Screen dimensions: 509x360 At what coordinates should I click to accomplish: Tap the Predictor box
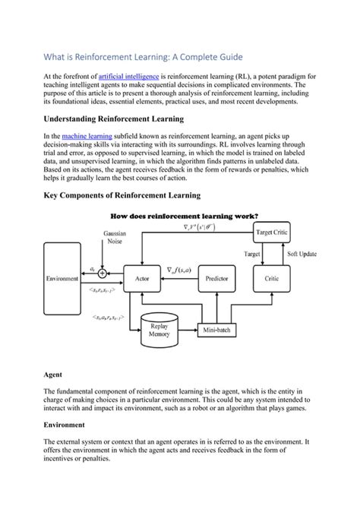click(x=216, y=279)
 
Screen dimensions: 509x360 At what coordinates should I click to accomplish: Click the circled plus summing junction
click(x=103, y=272)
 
